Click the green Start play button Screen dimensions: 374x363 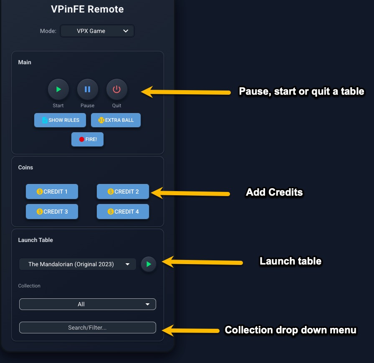(58, 89)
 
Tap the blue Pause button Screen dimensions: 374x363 (88, 89)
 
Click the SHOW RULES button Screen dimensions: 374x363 (60, 120)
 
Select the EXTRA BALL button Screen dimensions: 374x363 (116, 120)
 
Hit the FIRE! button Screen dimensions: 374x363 (87, 139)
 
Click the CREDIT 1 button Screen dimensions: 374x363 (52, 192)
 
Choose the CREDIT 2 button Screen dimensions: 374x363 (123, 192)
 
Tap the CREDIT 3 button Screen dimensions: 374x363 (52, 212)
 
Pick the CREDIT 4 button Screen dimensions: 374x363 (123, 212)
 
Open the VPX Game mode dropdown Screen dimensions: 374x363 (97, 31)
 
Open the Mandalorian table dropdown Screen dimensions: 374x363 (78, 264)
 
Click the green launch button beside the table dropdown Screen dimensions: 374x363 (149, 264)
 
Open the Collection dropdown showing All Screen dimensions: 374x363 (88, 304)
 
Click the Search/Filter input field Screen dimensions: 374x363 (88, 328)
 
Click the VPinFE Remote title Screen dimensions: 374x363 (87, 9)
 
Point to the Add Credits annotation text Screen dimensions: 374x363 (274, 192)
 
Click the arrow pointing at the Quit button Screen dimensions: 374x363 (186, 92)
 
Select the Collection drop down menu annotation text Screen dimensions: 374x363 (291, 330)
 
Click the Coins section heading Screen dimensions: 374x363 (25, 167)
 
